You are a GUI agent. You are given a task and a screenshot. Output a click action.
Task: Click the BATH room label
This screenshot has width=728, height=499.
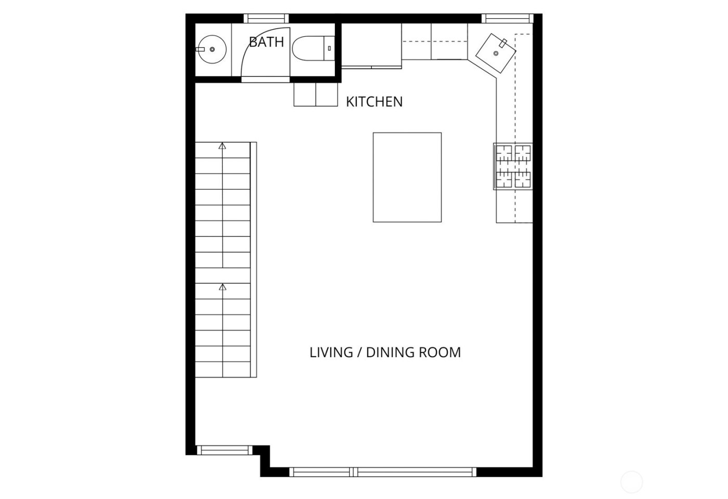pos(266,42)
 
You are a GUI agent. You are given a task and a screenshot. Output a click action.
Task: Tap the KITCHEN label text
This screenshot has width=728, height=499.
pos(374,102)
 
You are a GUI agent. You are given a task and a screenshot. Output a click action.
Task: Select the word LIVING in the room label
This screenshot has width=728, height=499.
pos(331,352)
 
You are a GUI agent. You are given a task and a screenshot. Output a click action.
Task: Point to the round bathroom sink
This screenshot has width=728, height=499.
pos(212,49)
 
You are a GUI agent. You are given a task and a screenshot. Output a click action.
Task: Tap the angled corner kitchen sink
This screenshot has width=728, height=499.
pos(496,52)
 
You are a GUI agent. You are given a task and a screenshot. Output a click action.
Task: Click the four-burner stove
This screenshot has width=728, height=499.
pos(513,166)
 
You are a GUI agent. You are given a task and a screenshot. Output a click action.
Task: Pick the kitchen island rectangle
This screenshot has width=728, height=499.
pos(407,177)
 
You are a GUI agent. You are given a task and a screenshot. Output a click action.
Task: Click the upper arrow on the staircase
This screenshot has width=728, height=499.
pos(223,147)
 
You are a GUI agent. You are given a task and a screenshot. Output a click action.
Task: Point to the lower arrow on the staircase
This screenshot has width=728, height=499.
pos(223,287)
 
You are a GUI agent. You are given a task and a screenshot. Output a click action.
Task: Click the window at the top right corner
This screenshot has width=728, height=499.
pos(507,18)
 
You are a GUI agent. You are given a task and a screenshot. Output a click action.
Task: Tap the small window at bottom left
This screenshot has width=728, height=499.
pos(224,450)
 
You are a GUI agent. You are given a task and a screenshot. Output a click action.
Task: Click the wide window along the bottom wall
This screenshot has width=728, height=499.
pos(383,472)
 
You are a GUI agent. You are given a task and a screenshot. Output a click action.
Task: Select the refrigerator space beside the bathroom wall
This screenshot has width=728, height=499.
pos(371,45)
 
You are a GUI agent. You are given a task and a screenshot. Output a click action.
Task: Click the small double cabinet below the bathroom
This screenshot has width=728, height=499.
pos(316,95)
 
